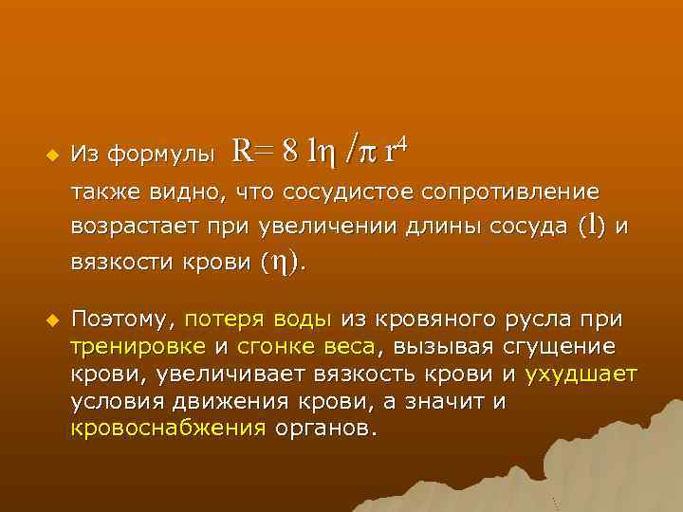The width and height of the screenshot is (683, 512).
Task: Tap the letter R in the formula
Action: pyautogui.click(x=241, y=150)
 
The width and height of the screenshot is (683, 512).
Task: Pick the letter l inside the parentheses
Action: pyautogui.click(x=593, y=225)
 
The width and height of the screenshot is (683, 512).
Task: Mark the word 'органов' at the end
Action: pyautogui.click(x=324, y=428)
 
